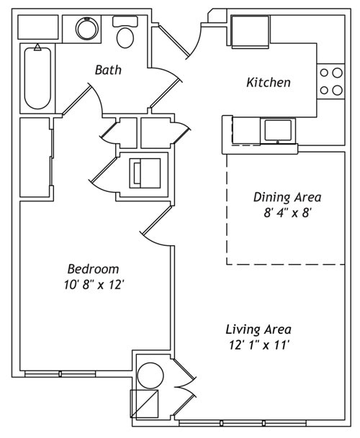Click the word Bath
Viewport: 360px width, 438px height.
coord(108,70)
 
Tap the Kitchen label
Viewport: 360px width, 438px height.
coord(269,82)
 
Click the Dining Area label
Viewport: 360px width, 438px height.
coord(287,196)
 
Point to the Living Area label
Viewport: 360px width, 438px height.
coord(258,329)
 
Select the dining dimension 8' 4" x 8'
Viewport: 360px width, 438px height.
coord(287,212)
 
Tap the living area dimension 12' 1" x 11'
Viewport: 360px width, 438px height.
coord(258,345)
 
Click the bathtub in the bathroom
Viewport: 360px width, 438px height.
coord(37,77)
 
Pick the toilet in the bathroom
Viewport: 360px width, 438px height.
coord(125,33)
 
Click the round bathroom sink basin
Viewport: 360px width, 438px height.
coord(88,29)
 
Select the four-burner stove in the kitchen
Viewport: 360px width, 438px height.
coord(331,81)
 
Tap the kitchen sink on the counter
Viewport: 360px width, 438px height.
coord(278,130)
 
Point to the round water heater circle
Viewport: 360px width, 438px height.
coord(150,375)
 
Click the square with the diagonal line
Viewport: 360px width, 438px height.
coord(144,403)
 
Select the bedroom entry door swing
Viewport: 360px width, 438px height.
coord(155,227)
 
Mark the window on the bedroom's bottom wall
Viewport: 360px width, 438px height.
coord(60,374)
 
